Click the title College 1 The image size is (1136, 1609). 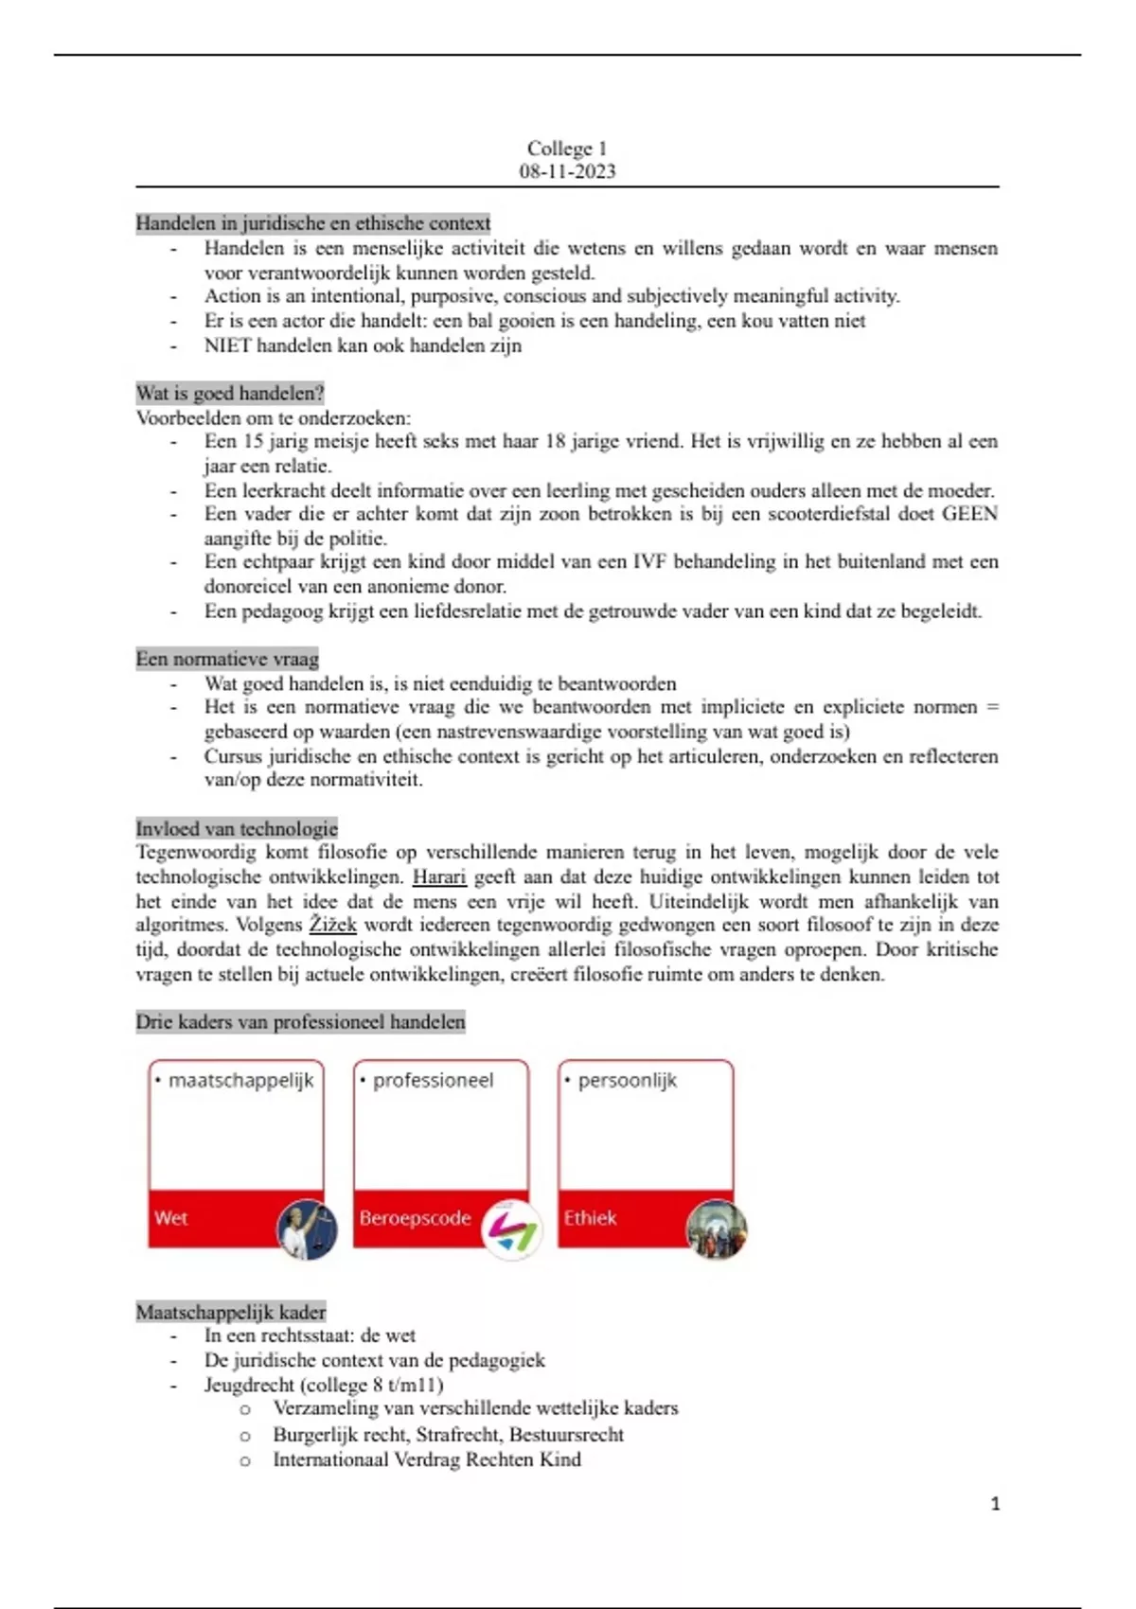(x=567, y=149)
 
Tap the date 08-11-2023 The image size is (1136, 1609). (x=567, y=171)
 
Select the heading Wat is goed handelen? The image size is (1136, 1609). (x=230, y=393)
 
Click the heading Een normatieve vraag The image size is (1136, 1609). (x=227, y=659)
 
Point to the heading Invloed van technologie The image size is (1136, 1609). (x=237, y=828)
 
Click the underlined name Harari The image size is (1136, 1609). (x=439, y=876)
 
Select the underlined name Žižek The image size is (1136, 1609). (x=333, y=925)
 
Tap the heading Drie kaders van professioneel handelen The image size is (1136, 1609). (x=300, y=1022)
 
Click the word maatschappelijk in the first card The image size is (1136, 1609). (x=240, y=1080)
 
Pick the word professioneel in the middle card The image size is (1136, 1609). (x=433, y=1080)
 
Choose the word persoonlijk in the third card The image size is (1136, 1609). (x=627, y=1080)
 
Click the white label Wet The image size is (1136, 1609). (x=170, y=1218)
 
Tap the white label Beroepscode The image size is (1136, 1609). (x=415, y=1218)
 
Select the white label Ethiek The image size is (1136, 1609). (x=590, y=1218)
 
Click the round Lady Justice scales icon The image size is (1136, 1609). (x=307, y=1229)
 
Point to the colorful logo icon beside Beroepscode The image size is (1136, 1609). (x=512, y=1229)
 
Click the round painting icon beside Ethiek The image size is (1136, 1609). (x=717, y=1229)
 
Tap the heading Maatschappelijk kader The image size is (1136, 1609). (x=231, y=1312)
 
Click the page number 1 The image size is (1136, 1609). (x=995, y=1504)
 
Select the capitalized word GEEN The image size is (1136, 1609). (x=969, y=514)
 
